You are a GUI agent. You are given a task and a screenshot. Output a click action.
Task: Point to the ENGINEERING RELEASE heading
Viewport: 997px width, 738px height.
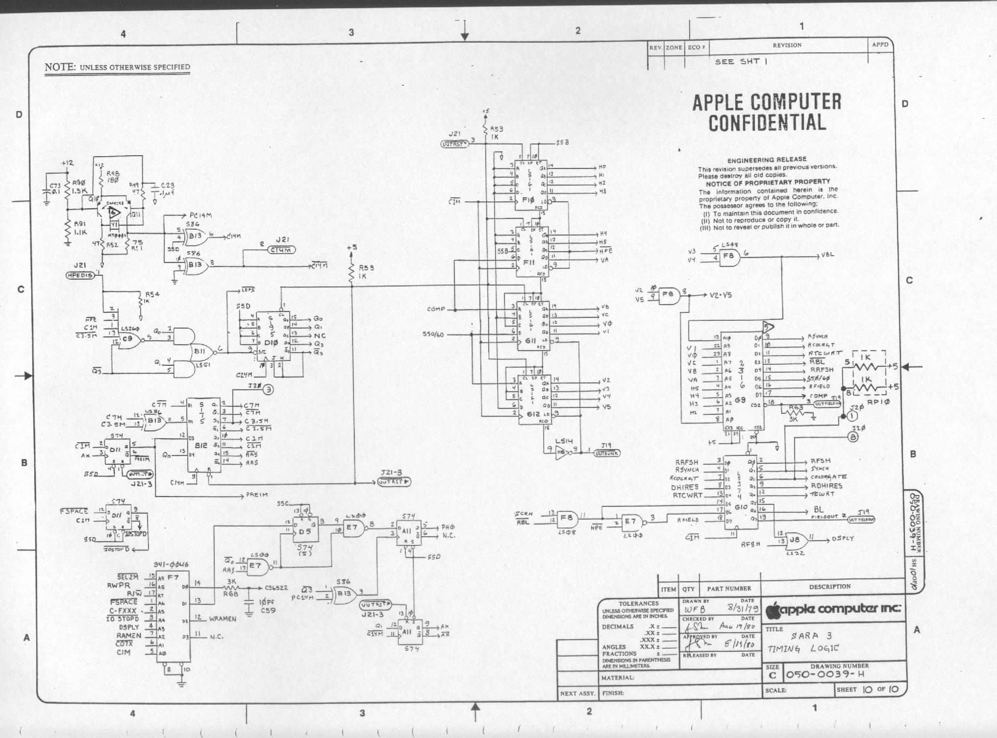point(767,160)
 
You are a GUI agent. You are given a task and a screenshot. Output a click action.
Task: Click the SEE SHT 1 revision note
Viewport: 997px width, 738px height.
point(741,61)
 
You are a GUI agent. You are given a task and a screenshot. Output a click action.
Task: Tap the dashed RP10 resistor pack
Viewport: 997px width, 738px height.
point(868,374)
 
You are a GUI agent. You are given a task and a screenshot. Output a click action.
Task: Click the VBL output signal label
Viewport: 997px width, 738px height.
point(827,255)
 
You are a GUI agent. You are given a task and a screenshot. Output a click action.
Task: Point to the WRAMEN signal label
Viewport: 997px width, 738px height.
point(223,619)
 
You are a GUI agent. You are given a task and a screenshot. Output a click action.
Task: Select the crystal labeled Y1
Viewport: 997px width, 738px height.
point(114,225)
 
